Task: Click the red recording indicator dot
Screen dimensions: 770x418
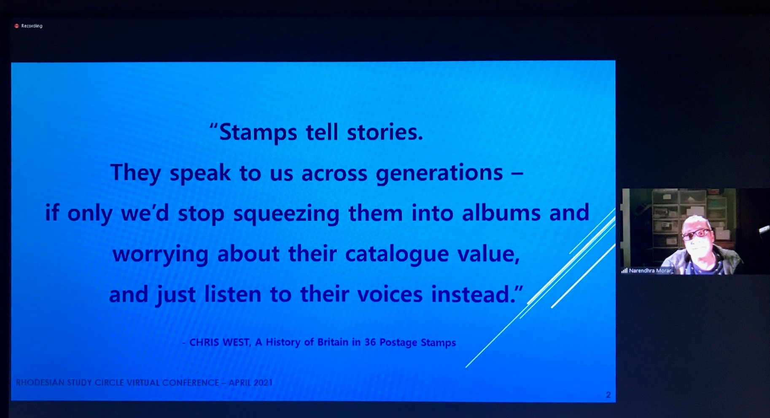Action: click(x=16, y=26)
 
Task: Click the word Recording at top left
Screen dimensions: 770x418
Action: click(x=32, y=26)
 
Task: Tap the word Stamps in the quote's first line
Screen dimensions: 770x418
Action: click(x=258, y=133)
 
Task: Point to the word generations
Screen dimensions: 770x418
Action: click(x=439, y=174)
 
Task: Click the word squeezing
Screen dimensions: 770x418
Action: click(x=286, y=214)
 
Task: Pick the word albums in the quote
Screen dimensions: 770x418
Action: click(x=501, y=212)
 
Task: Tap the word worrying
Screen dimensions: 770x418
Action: click(x=161, y=255)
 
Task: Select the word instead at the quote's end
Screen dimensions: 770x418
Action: click(x=470, y=294)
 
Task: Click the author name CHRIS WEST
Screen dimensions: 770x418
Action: click(x=219, y=342)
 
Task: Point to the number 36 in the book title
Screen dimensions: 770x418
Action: click(x=370, y=342)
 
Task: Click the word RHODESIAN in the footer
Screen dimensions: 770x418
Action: click(x=40, y=383)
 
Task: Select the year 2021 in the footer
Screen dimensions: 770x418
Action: click(x=263, y=383)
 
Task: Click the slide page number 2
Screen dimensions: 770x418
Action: click(x=608, y=395)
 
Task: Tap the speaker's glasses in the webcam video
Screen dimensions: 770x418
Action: click(x=696, y=233)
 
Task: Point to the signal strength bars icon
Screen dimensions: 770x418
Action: click(x=625, y=271)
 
